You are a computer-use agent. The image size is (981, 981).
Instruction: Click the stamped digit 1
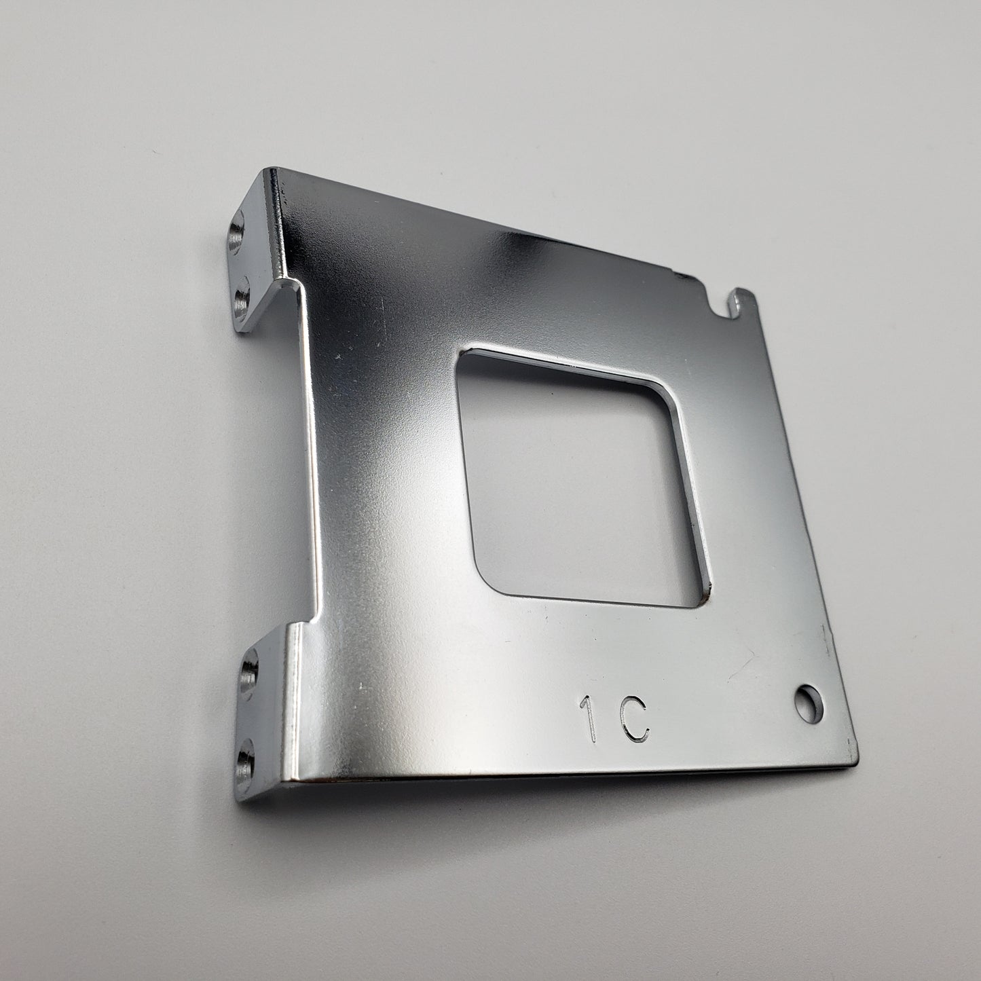tap(589, 719)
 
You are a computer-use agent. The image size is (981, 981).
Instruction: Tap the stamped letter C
tap(634, 718)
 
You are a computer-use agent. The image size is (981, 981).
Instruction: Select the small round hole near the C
tap(809, 704)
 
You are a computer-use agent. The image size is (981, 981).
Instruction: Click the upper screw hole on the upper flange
tap(236, 235)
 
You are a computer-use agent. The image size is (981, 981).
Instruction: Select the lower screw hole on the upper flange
tap(241, 299)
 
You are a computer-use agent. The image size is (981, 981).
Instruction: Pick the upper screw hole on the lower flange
tap(249, 673)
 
